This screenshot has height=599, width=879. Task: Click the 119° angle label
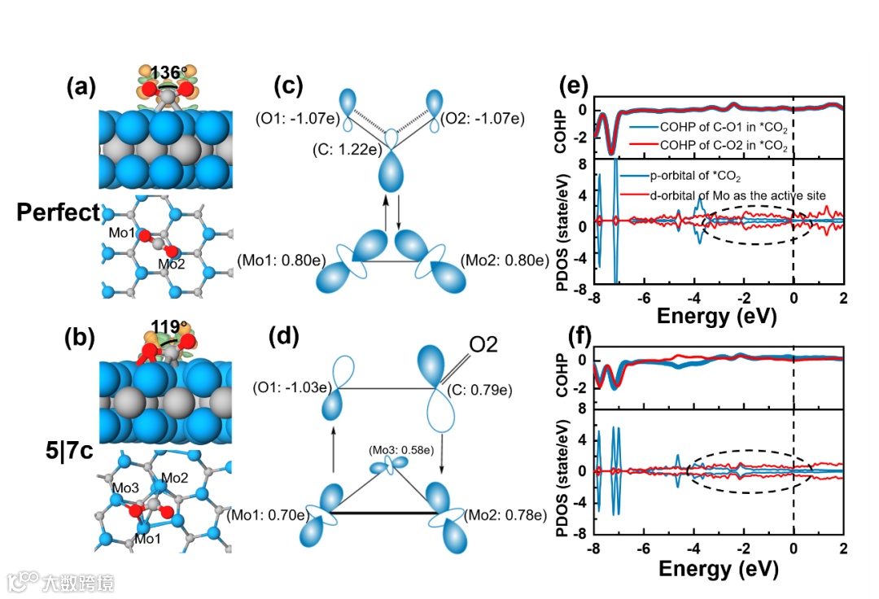point(168,329)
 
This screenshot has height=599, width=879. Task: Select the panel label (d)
point(291,334)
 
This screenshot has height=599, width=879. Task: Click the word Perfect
point(58,213)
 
